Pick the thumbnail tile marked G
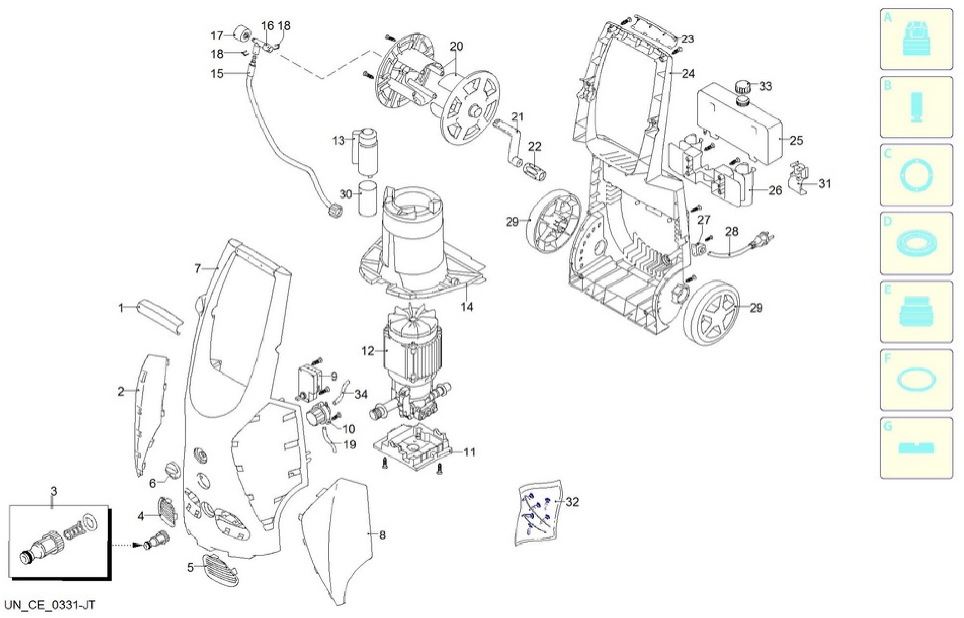(916, 448)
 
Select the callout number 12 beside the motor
(368, 351)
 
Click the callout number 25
(796, 141)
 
